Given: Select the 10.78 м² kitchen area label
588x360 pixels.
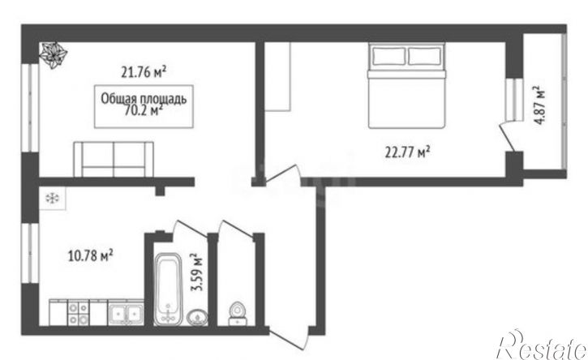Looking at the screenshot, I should (88, 256).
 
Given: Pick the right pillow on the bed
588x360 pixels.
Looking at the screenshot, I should (427, 57).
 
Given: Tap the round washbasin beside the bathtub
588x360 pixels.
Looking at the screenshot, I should (197, 316).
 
